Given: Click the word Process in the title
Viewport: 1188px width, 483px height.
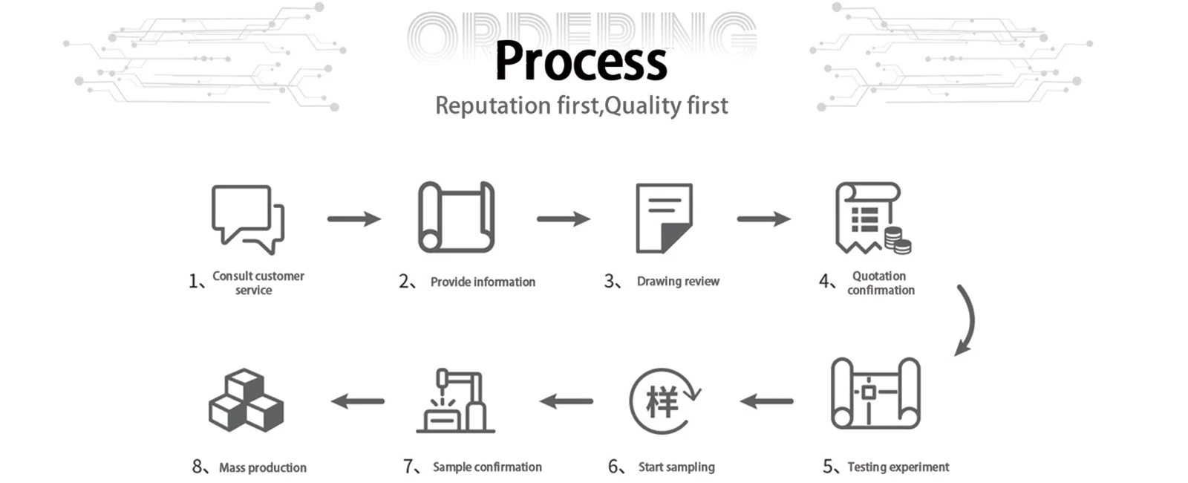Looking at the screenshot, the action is (581, 61).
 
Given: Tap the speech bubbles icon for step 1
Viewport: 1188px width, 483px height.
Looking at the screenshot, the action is (247, 218).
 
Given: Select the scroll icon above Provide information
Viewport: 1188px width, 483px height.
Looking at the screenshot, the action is (456, 218).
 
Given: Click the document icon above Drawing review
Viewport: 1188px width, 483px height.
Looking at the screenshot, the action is (664, 218).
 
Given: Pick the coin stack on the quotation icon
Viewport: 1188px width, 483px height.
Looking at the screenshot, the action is (898, 241).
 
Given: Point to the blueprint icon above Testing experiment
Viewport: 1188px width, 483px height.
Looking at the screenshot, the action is (875, 393).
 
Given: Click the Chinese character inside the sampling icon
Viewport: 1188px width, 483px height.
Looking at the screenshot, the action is (662, 402).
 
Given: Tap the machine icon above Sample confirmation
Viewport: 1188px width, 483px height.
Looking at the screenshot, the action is (455, 401).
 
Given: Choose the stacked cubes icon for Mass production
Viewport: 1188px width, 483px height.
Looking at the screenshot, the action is (246, 401).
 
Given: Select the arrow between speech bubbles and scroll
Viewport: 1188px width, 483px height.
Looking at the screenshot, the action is (353, 218).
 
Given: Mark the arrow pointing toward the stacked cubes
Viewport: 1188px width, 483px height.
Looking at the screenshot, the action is (358, 401).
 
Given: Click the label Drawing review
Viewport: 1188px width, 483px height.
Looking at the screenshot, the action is (678, 282).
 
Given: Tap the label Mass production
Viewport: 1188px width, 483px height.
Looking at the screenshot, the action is (262, 467).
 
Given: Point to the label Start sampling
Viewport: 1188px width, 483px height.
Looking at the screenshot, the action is (676, 467).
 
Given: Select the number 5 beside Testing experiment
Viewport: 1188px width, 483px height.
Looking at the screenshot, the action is (828, 467).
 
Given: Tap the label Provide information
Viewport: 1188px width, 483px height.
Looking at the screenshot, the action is (483, 282).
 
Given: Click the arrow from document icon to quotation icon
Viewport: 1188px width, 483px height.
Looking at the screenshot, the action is (763, 218).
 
